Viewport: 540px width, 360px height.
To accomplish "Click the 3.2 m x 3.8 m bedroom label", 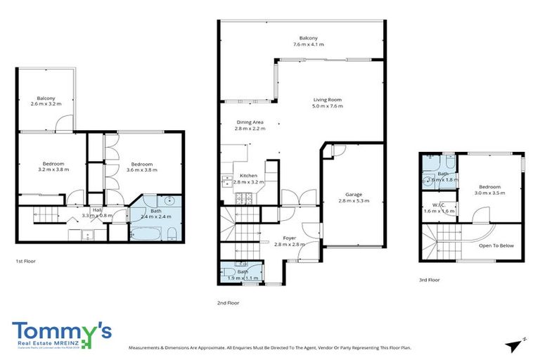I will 53,165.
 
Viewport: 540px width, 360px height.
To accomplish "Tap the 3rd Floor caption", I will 429,279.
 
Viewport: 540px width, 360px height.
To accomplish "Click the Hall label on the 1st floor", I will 96,210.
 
